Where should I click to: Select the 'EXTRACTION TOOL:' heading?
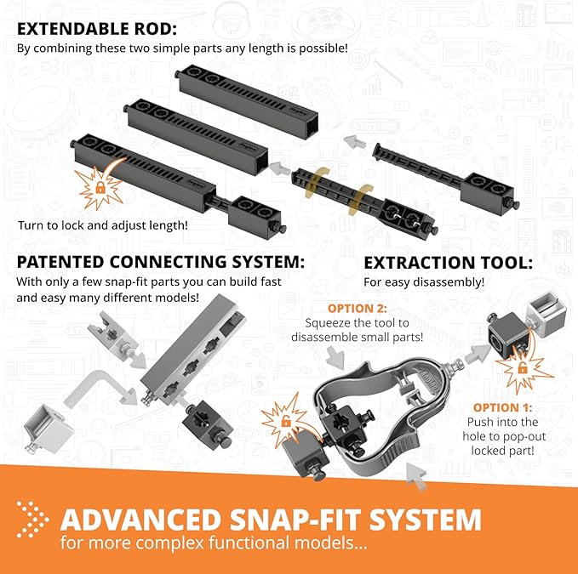(448, 262)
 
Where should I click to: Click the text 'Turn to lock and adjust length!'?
(103, 224)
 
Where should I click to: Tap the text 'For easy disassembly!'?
(424, 281)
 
